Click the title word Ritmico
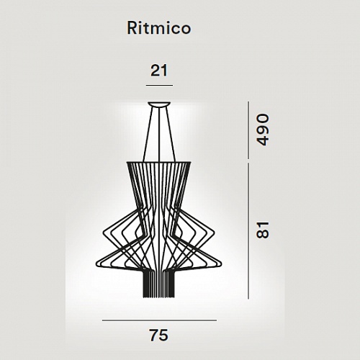coord(159,28)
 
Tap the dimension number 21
coord(159,71)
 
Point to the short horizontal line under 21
coord(159,85)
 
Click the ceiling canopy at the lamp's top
coord(159,104)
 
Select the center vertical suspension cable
coord(159,135)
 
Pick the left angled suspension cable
coord(148,135)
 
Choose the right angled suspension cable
coord(171,135)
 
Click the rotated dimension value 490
coord(263,130)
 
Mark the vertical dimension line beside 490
coord(248,130)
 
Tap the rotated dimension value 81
coord(263,230)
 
